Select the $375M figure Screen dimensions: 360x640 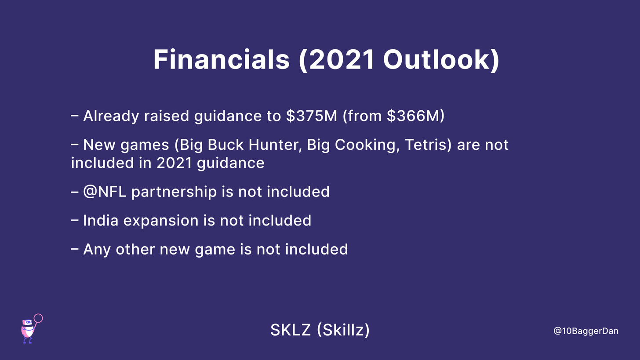(312, 116)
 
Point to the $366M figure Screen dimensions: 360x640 (413, 116)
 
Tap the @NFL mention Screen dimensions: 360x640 (105, 192)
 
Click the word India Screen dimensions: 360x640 (101, 220)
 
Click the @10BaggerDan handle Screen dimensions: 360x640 (586, 331)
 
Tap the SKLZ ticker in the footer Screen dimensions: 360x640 (291, 330)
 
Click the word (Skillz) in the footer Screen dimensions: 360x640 (343, 330)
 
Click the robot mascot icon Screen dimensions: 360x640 (28, 331)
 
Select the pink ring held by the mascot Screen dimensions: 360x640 (38, 318)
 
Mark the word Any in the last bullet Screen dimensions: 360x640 (97, 249)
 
